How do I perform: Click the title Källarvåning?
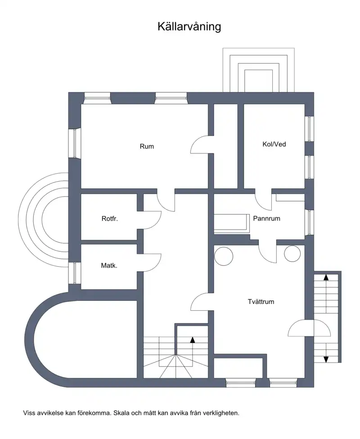click(189, 27)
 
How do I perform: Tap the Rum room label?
click(147, 147)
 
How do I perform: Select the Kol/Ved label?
click(274, 144)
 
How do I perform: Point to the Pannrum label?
click(266, 219)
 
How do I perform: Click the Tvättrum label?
click(261, 302)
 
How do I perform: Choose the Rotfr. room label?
click(109, 219)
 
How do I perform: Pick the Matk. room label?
click(109, 265)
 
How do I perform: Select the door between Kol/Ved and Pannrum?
click(263, 200)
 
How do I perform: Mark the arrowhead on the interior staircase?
click(193, 340)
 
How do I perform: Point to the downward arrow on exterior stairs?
click(326, 353)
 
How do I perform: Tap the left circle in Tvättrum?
click(224, 256)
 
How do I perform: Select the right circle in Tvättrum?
click(292, 254)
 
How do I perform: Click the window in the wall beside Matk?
click(75, 273)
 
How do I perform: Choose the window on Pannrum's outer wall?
click(309, 222)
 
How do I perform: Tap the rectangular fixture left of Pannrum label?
click(232, 224)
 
